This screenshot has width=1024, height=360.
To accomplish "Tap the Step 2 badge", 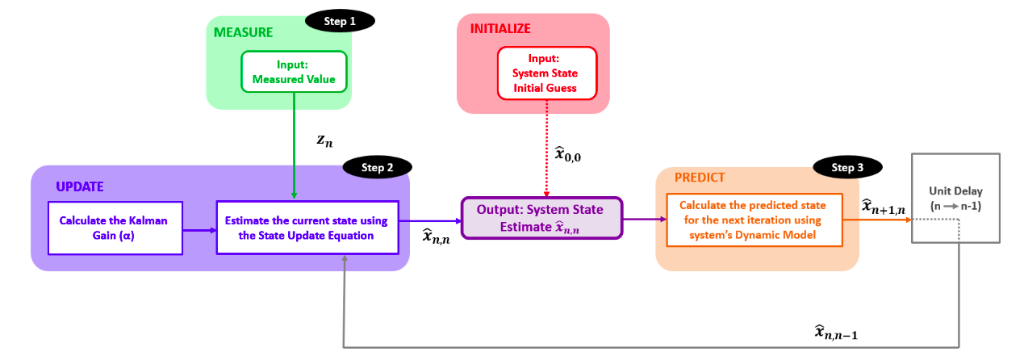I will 378,167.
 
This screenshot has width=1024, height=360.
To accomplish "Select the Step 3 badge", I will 847,167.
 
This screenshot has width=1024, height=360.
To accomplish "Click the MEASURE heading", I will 243,33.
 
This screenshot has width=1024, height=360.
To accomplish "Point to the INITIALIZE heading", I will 500,29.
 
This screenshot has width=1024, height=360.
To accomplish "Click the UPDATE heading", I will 80,186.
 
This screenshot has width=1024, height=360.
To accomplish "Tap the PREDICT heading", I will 700,177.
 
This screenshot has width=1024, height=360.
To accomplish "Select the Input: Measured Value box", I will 294,71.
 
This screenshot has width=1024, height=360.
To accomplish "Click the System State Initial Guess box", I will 546,73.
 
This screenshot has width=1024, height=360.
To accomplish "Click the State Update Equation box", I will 307,228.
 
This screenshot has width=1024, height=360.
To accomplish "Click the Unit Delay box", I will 957,198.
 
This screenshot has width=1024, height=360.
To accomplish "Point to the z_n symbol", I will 324,140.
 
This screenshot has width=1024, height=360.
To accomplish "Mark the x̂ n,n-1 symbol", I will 835,332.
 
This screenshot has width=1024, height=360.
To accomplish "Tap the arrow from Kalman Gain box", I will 199,230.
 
